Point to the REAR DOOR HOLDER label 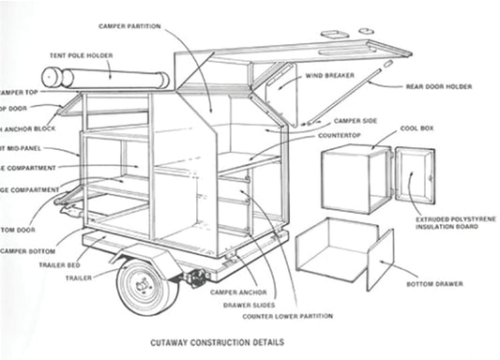438,87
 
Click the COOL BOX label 417,128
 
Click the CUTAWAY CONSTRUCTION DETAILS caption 218,343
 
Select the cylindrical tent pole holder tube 105,78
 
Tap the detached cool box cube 355,178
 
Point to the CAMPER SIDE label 356,121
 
